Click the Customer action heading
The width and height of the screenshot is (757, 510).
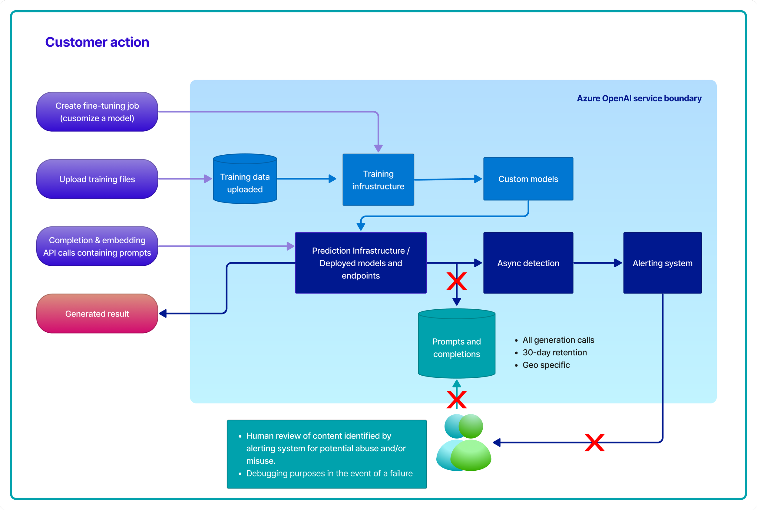pyautogui.click(x=97, y=42)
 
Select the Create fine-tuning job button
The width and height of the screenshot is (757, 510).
pyautogui.click(x=97, y=112)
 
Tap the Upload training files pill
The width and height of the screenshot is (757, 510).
pyautogui.click(x=97, y=179)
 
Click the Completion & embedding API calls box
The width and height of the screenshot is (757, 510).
pyautogui.click(x=97, y=246)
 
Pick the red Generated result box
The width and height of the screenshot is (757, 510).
pyautogui.click(x=97, y=314)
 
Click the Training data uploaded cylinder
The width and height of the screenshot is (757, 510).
pyautogui.click(x=245, y=183)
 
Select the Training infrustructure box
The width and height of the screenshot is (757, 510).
pyautogui.click(x=378, y=180)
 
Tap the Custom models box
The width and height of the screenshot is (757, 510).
pyautogui.click(x=528, y=179)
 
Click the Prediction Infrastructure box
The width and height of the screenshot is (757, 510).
pyautogui.click(x=360, y=263)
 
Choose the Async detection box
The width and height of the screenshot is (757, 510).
pyautogui.click(x=528, y=263)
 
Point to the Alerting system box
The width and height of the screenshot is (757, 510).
pyautogui.click(x=662, y=263)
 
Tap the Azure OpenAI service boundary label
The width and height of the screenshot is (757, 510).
pyautogui.click(x=639, y=98)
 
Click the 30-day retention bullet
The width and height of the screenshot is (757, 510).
pyautogui.click(x=554, y=352)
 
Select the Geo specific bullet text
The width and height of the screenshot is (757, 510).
pyautogui.click(x=546, y=365)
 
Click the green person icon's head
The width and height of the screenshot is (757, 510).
pyautogui.click(x=471, y=426)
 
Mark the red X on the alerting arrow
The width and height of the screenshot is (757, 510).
pyautogui.click(x=594, y=442)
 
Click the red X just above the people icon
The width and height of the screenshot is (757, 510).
pyautogui.click(x=456, y=400)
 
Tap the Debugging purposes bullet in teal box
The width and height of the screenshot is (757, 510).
pyautogui.click(x=329, y=473)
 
